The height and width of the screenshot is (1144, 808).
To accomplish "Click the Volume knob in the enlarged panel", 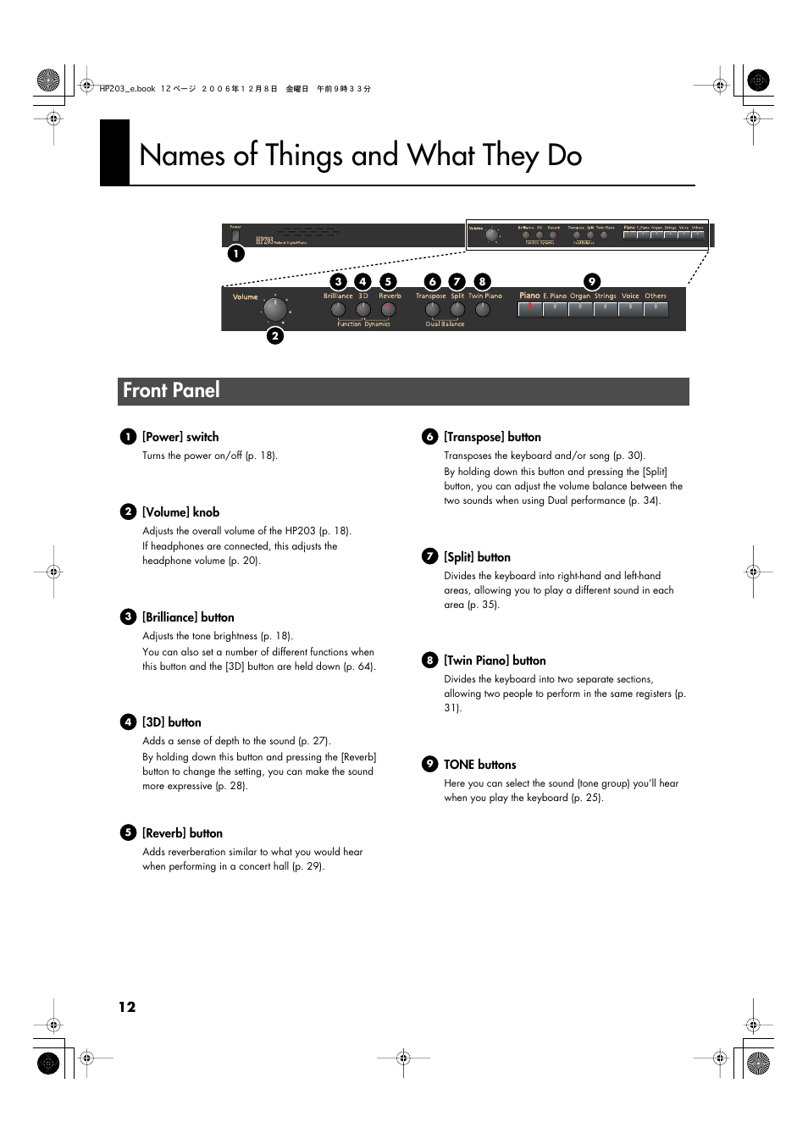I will pyautogui.click(x=274, y=310).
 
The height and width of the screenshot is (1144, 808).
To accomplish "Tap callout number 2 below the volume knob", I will pyautogui.click(x=274, y=336).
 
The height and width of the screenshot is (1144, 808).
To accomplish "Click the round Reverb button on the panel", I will pyautogui.click(x=389, y=310).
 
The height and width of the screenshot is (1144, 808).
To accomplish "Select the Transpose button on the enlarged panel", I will pyautogui.click(x=432, y=310).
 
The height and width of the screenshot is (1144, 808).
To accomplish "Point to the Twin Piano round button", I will pyautogui.click(x=483, y=310).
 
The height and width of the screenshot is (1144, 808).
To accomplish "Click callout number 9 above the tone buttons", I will pyautogui.click(x=592, y=281).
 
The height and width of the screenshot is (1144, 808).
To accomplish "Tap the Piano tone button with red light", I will pyautogui.click(x=530, y=309).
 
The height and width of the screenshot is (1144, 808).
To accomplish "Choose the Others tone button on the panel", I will pyautogui.click(x=656, y=309).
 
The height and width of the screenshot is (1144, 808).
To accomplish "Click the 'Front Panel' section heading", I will pyautogui.click(x=171, y=390).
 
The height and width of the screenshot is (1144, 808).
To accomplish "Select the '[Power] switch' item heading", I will pyautogui.click(x=180, y=437).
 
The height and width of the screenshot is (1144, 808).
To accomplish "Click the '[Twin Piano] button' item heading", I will pyautogui.click(x=495, y=660).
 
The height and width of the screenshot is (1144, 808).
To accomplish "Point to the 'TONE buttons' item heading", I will pyautogui.click(x=479, y=765).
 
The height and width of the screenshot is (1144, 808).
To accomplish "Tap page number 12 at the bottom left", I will pyautogui.click(x=127, y=1007).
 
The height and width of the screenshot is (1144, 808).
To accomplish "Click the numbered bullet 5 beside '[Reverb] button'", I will pyautogui.click(x=128, y=833).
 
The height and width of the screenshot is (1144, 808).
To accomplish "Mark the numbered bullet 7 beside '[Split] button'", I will pyautogui.click(x=430, y=556).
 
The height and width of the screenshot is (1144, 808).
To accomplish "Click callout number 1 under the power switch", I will pyautogui.click(x=235, y=253).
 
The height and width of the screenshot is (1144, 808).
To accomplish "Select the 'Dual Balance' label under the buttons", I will pyautogui.click(x=445, y=324).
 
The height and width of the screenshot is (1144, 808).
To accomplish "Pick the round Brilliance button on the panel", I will pyautogui.click(x=338, y=310).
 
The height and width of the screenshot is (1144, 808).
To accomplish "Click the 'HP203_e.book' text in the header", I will pyautogui.click(x=127, y=89).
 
